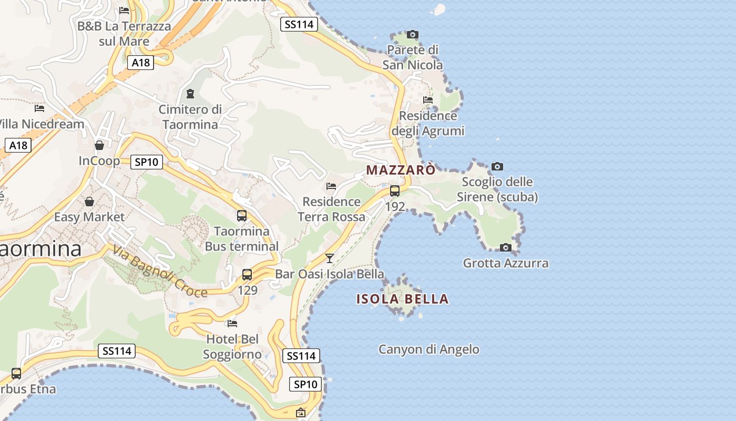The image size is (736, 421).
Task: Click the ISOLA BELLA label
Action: pos(403,299)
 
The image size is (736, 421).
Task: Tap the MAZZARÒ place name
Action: pos(401,170)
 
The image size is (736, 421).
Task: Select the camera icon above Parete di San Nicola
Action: pos(413,35)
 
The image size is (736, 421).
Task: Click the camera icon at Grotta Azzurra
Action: pos(505,247)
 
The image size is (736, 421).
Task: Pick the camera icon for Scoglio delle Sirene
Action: pos(497,167)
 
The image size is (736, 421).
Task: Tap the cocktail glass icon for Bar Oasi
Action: pos(330,258)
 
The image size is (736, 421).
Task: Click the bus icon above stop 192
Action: pos(395,191)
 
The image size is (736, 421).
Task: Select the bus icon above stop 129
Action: pos(247,274)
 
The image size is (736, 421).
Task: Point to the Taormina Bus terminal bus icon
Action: pos(242,215)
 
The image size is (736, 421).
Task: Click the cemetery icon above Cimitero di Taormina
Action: pos(190,94)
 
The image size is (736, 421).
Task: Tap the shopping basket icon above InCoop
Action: pos(99,145)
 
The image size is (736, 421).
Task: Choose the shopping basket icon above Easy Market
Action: pos(89,202)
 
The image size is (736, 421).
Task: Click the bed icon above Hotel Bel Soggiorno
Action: pos(232,323)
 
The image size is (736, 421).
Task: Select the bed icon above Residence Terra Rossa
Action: pos(331,186)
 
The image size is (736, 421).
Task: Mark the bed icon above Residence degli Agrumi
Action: pos(428,100)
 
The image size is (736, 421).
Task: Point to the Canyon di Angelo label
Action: pos(429,349)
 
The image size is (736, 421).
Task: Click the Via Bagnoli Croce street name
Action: pos(160,272)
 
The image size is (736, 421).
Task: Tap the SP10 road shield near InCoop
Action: pos(146,162)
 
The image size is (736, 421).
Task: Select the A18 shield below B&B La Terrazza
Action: pos(140,63)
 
